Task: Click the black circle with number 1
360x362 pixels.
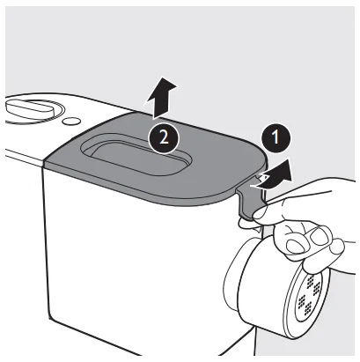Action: click(x=275, y=137)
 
